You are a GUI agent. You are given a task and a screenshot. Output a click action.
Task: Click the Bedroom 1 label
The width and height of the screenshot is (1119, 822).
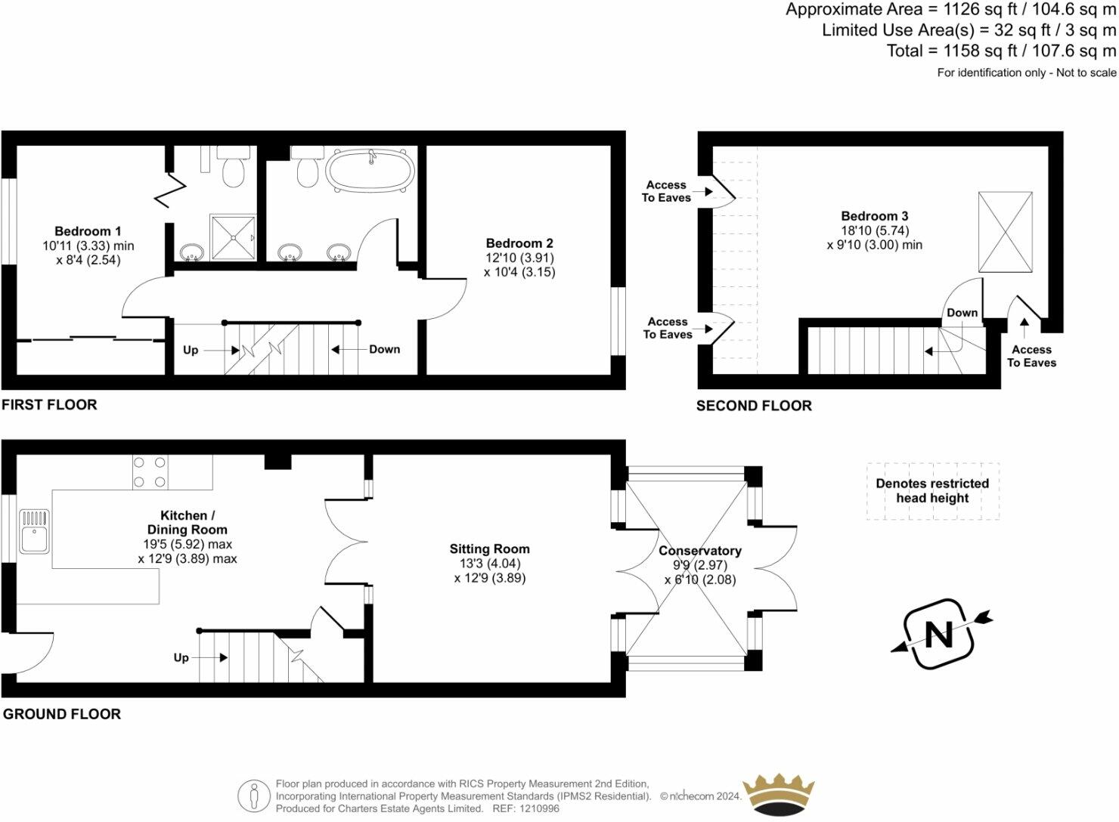coord(88,231)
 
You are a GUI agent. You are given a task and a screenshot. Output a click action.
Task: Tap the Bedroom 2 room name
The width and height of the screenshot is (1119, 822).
coord(519,243)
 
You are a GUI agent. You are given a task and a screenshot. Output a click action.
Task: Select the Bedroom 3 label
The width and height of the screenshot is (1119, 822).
coord(875,216)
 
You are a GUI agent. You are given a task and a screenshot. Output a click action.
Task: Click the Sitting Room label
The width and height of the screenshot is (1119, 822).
coord(489,549)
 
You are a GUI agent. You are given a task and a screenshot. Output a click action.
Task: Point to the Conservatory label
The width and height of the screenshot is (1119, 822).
coord(699,551)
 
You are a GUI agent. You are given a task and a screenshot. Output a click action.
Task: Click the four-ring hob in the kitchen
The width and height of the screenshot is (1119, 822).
coord(150,472)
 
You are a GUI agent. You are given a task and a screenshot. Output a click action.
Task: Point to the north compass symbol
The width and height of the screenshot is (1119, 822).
coord(940,634)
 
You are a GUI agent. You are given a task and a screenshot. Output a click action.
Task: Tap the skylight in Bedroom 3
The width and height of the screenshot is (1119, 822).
coord(1005,232)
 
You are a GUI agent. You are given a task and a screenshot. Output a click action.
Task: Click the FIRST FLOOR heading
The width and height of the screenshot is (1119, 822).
coord(49,405)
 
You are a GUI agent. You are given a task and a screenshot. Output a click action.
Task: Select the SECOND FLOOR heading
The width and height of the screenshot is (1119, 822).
coord(754,406)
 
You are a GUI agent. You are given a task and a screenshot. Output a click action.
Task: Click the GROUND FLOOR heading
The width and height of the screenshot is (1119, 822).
coord(62,714)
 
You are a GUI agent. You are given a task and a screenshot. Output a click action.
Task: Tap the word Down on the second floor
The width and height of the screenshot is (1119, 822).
coord(962,313)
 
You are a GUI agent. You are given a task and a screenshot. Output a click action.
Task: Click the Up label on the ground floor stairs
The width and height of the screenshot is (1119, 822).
coord(181,657)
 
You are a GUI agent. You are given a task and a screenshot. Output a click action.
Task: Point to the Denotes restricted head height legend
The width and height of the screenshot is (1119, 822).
coord(932,491)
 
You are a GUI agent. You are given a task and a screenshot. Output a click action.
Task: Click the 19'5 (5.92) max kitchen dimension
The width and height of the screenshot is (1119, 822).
coord(187,544)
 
